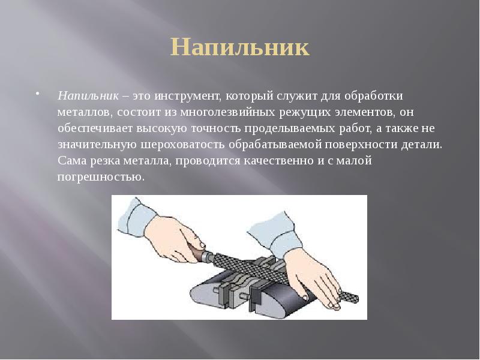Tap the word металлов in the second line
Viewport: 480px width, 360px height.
[x=85, y=112]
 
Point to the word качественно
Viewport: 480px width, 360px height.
[x=274, y=161]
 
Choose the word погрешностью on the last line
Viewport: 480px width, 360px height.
[x=101, y=178]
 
